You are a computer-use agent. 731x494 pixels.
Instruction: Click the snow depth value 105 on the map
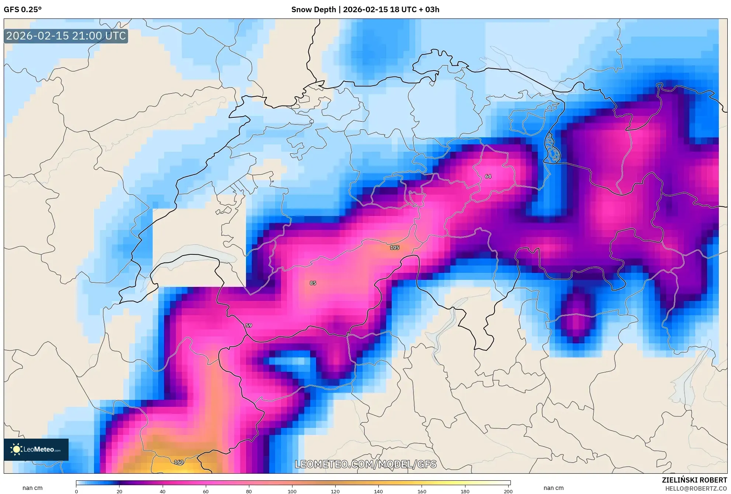[395, 247]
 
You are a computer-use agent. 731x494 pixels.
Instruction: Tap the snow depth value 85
[313, 283]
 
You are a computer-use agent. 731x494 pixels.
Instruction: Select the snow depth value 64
[488, 176]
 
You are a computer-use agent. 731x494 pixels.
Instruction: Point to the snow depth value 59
[249, 326]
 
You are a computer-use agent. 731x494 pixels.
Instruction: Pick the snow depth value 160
[179, 462]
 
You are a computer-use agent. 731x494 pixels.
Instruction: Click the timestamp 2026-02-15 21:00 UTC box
[66, 36]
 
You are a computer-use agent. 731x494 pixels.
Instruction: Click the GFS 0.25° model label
[22, 10]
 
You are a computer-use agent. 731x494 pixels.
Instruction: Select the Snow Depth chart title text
[365, 10]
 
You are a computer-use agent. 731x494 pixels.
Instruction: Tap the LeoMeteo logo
[36, 449]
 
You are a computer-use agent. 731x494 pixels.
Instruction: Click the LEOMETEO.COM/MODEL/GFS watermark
[365, 464]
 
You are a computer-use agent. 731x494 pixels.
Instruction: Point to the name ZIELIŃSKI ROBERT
[694, 480]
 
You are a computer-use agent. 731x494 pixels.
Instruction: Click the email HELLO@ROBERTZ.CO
[696, 488]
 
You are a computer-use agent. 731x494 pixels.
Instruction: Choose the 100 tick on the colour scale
[292, 491]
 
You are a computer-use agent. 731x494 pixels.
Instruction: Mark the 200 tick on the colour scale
[508, 491]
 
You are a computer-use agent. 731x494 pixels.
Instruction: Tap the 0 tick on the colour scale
[76, 491]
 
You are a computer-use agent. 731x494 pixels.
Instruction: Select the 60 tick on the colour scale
[206, 491]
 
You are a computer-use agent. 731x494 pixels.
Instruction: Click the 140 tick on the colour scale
[378, 491]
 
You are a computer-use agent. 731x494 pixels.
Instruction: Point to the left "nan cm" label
[32, 488]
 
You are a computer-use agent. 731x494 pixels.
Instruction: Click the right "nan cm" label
[553, 488]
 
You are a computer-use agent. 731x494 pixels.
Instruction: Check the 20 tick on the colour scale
[119, 491]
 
